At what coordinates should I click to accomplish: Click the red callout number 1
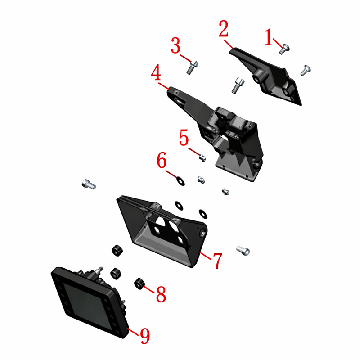coord(268,37)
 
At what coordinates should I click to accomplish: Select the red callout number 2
coord(223,29)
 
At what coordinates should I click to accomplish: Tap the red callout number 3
coord(175,46)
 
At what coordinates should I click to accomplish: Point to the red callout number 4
coord(156,72)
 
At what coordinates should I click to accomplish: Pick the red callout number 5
coord(184,138)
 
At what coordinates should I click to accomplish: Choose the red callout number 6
coord(162,160)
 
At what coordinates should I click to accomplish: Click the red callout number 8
coord(161,294)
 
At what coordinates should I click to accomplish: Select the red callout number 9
coord(145,336)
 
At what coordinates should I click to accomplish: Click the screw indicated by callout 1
coord(284,49)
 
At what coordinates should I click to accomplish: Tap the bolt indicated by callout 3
coord(193,67)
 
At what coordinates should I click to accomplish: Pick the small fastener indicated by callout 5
coord(202,158)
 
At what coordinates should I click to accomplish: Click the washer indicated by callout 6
coord(180,181)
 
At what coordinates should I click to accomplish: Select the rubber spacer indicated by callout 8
coord(139,284)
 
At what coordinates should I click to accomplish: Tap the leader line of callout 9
coord(133,332)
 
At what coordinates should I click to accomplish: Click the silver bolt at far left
coord(89,184)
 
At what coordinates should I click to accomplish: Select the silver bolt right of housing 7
coord(243,251)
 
